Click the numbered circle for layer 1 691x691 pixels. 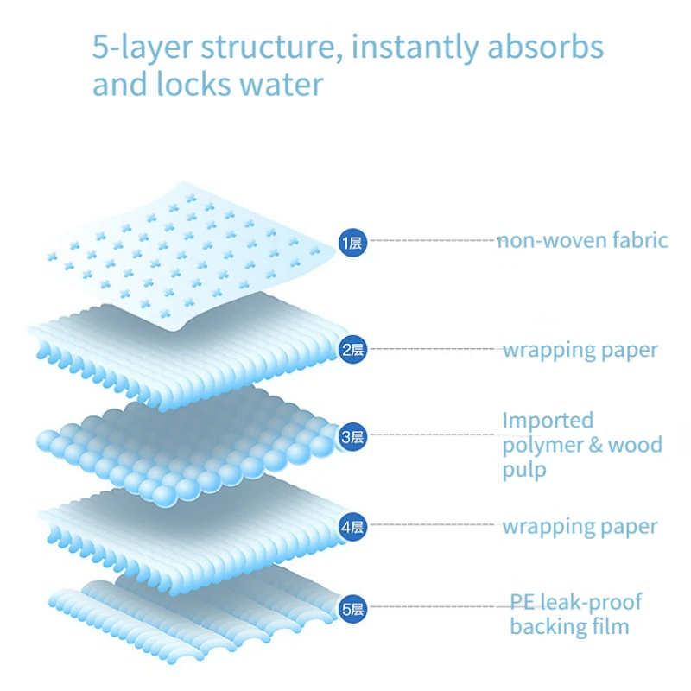[352, 242]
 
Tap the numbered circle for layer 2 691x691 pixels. [352, 349]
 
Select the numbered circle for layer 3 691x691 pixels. [352, 437]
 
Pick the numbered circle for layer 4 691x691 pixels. [352, 526]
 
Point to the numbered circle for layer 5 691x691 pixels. [352, 609]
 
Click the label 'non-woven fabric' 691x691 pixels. [583, 240]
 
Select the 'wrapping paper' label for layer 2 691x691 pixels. [580, 350]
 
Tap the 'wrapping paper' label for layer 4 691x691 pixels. [580, 526]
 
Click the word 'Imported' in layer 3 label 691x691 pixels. [548, 421]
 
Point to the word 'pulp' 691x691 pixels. [524, 471]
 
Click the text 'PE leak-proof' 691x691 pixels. [575, 601]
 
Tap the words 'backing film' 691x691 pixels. [569, 626]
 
